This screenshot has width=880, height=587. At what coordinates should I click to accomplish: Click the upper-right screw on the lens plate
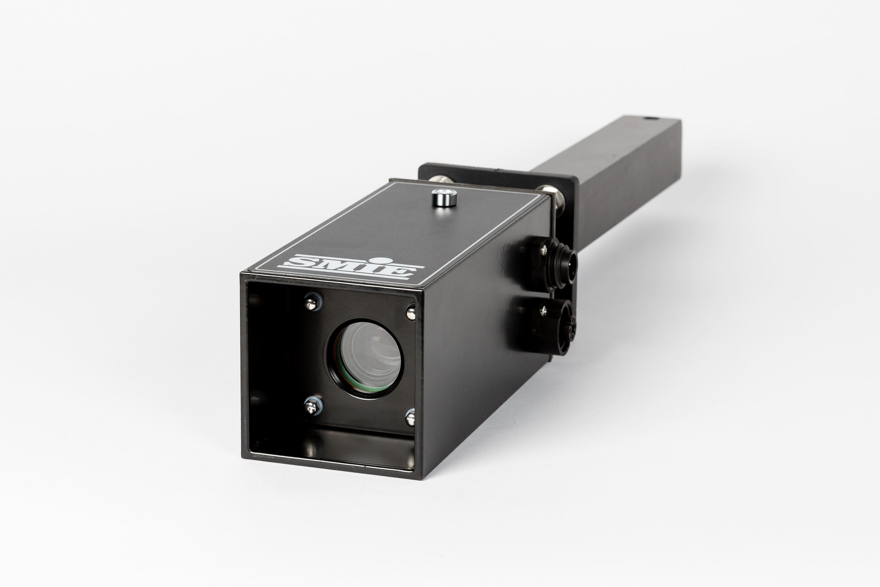[x=410, y=312]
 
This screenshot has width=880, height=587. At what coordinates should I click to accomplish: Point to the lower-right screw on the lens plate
[x=410, y=417]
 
